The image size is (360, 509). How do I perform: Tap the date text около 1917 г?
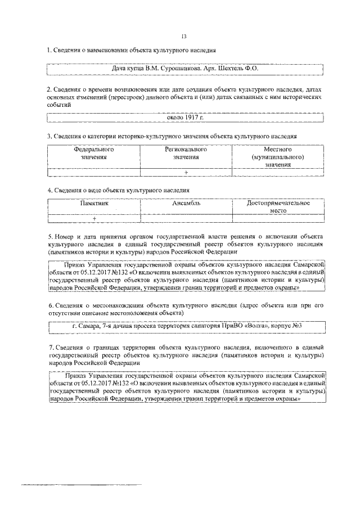click(x=186, y=119)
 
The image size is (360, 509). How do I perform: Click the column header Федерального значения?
click(x=94, y=154)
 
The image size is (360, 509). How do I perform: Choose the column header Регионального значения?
click(x=186, y=154)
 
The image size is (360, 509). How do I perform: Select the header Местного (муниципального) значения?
click(x=277, y=157)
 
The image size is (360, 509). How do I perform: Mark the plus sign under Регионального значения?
click(x=186, y=172)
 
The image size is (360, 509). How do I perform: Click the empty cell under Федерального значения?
click(x=94, y=172)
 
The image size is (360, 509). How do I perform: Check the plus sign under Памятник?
click(x=94, y=218)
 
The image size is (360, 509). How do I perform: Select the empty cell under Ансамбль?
click(x=186, y=218)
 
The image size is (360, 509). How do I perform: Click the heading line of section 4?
click(x=118, y=191)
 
